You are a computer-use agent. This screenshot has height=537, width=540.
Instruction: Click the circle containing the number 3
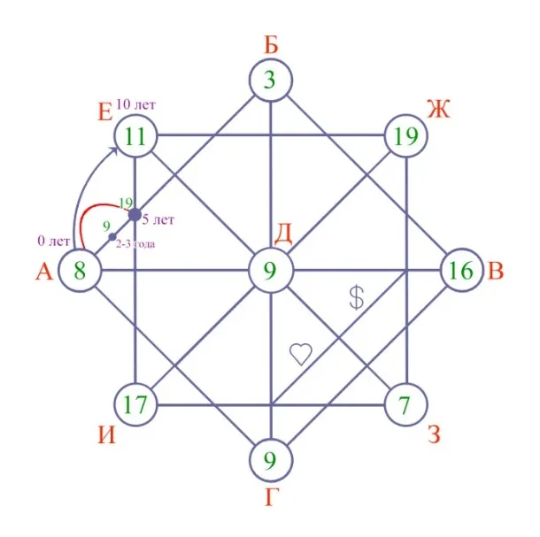click(x=271, y=81)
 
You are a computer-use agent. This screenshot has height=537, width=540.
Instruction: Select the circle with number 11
click(x=135, y=136)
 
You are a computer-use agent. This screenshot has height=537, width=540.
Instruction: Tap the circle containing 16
click(x=462, y=270)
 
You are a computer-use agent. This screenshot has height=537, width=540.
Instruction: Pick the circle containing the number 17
click(x=135, y=404)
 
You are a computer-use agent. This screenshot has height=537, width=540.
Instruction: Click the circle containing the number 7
click(x=406, y=404)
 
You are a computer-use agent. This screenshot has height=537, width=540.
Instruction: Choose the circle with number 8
click(x=80, y=270)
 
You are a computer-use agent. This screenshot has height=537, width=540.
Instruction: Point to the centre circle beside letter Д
click(x=271, y=270)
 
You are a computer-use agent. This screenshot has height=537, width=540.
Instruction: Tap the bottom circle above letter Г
click(x=271, y=460)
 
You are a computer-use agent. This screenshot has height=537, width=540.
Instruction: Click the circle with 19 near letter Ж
click(x=406, y=136)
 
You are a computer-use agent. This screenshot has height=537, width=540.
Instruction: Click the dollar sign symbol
click(x=357, y=298)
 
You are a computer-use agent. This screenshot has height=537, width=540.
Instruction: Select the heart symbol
click(x=301, y=354)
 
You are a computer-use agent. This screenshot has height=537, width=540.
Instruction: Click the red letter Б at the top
click(x=271, y=44)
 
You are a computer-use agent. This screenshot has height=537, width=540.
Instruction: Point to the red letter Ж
click(x=439, y=109)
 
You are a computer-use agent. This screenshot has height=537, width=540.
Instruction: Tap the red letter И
click(x=107, y=435)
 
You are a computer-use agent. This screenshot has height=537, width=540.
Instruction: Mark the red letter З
click(x=434, y=433)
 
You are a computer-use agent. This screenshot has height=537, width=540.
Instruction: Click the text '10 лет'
click(x=135, y=104)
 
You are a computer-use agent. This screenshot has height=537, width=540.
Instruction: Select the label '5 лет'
click(x=158, y=219)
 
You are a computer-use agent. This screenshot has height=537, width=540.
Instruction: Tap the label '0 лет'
click(x=54, y=241)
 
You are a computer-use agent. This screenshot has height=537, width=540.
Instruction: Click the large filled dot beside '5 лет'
click(x=135, y=215)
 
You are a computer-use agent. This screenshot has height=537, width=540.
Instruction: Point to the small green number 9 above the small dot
click(x=106, y=226)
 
